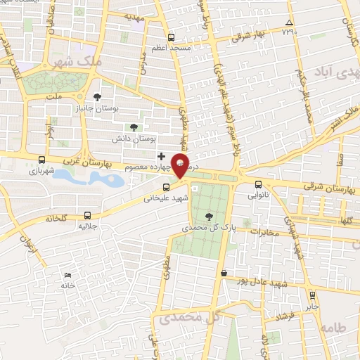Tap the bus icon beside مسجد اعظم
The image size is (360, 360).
click(171, 38)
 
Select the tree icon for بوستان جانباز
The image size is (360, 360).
click(96, 97)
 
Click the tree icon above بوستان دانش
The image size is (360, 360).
click(133, 127)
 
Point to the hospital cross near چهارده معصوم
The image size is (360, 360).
click(161, 155)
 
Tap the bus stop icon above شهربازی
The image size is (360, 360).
click(42, 160)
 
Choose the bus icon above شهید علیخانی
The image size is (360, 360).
click(167, 187)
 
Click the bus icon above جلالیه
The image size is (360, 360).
click(87, 215)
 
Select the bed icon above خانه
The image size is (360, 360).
click(67, 274)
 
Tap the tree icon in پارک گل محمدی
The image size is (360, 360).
click(208, 216)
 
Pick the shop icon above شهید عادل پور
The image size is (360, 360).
click(224, 273)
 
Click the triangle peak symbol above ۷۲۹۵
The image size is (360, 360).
click(289, 22)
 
